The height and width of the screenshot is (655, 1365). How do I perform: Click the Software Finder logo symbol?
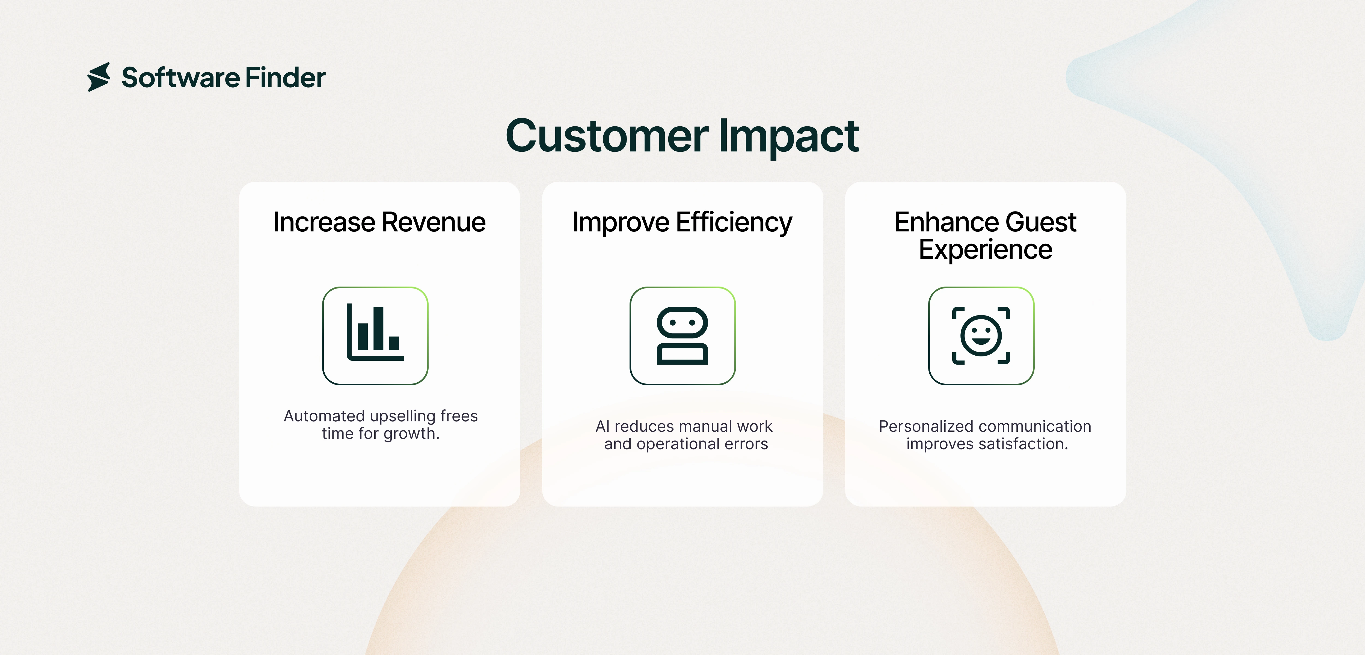pos(99,77)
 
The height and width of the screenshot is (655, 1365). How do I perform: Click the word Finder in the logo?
pos(285,78)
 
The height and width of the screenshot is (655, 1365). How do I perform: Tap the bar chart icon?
pos(375,335)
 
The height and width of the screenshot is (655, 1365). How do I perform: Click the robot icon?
pos(682,335)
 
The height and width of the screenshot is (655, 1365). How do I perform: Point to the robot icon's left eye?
pos(672,322)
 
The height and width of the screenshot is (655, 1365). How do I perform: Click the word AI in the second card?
pos(603,427)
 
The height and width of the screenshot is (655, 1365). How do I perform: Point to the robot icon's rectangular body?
pos(682,354)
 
